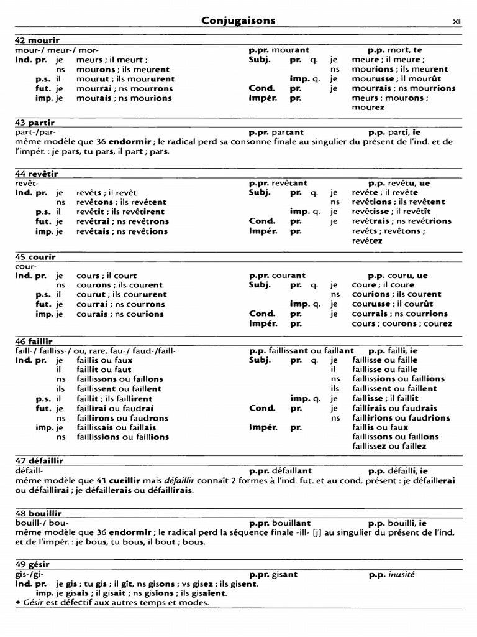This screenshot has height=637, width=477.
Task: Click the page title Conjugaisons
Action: click(238, 21)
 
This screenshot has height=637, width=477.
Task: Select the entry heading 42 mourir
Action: click(37, 40)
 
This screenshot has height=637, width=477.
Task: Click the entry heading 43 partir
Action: click(35, 123)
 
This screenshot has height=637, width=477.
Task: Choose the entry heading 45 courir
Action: click(35, 257)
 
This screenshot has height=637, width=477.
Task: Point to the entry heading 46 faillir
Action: click(35, 342)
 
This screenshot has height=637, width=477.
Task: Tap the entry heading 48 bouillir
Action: click(39, 513)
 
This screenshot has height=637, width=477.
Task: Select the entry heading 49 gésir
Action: click(32, 565)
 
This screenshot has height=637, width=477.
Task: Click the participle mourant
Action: click(291, 50)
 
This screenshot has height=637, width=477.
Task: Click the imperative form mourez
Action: click(368, 108)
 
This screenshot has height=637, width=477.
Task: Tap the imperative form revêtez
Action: click(367, 241)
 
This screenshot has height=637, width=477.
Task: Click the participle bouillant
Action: click(291, 523)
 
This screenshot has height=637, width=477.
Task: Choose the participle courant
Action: click(289, 276)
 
